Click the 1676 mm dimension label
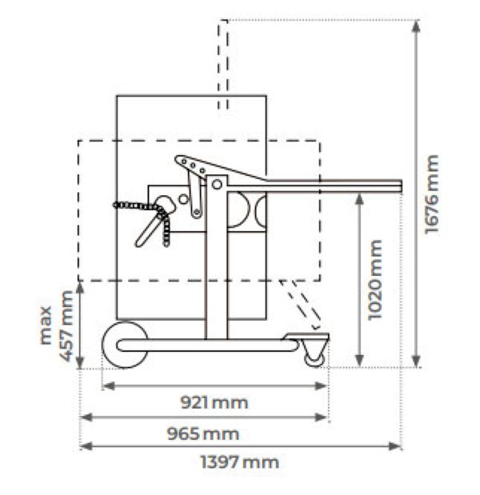pyautogui.click(x=431, y=194)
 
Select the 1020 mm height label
pyautogui.click(x=375, y=280)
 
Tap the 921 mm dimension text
pyautogui.click(x=214, y=402)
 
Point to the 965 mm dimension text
pyautogui.click(x=202, y=433)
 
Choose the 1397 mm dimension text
pyautogui.click(x=240, y=462)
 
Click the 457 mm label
pyautogui.click(x=66, y=325)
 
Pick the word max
pyautogui.click(x=46, y=325)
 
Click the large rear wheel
pyautogui.click(x=125, y=345)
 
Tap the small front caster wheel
pyautogui.click(x=314, y=360)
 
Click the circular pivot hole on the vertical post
pyautogui.click(x=217, y=184)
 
